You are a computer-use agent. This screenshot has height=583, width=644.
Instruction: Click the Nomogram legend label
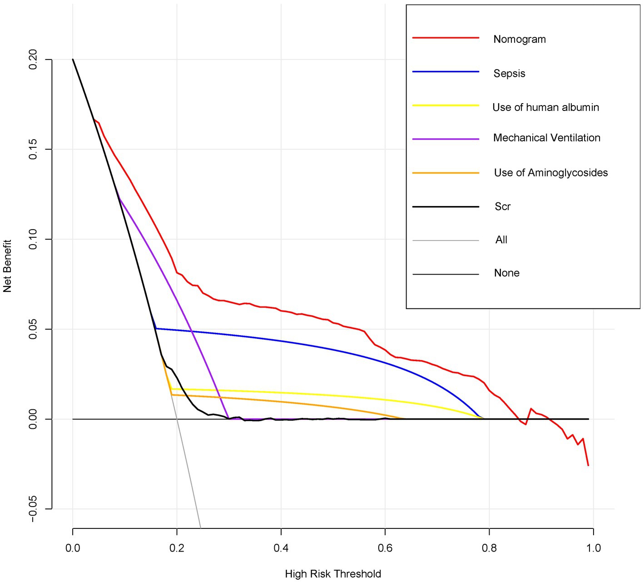(x=520, y=39)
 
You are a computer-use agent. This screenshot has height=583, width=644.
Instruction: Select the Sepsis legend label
(x=509, y=73)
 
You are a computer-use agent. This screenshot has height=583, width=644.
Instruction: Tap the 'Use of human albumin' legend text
(x=545, y=107)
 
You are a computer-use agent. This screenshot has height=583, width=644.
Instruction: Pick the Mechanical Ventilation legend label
(x=546, y=138)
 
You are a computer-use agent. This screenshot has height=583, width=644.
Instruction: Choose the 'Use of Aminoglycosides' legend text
(x=550, y=173)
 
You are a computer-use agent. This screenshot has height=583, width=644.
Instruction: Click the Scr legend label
(x=502, y=206)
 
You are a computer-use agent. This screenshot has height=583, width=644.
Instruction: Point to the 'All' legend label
(x=501, y=240)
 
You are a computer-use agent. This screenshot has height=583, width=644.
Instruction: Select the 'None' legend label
(x=506, y=273)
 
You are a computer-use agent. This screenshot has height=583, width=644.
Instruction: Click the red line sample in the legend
(x=446, y=38)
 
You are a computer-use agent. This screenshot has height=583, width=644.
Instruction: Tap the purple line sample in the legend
(x=446, y=139)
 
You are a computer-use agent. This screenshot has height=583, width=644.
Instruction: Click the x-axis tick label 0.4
(x=281, y=548)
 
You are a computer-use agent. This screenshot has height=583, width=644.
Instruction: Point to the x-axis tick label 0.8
(x=489, y=548)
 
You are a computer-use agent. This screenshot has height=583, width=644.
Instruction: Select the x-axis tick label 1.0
(x=593, y=548)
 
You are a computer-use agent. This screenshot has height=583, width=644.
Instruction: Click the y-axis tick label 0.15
(x=33, y=149)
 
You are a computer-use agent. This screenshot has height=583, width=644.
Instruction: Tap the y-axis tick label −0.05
(x=33, y=508)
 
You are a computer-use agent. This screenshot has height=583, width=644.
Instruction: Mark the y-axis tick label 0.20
(x=33, y=60)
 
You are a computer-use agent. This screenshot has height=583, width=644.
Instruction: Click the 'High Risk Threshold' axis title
(x=333, y=574)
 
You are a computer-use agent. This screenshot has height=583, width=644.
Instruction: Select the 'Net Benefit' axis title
(x=7, y=266)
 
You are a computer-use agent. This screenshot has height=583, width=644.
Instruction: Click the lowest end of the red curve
(x=588, y=465)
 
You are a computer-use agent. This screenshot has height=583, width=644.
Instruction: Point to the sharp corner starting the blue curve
(x=156, y=328)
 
